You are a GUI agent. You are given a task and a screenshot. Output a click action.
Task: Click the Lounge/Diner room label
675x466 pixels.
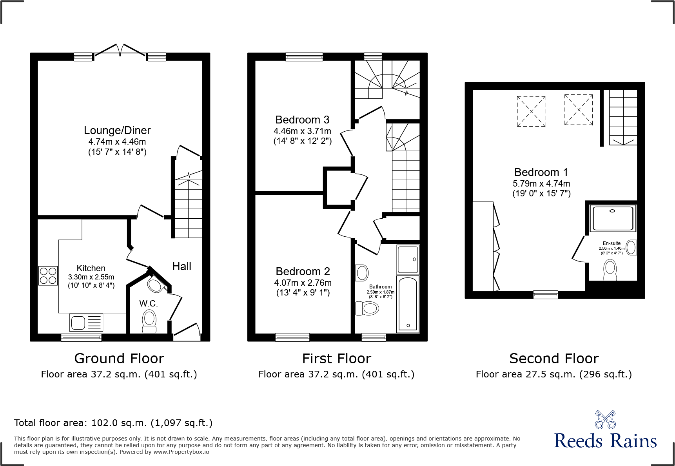[x=117, y=131]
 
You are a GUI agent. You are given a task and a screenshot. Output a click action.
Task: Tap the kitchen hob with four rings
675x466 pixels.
[x=48, y=276]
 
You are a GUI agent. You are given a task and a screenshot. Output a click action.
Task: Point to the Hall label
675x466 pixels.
[x=181, y=267]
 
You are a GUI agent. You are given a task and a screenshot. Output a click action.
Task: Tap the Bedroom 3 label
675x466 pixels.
[x=302, y=120]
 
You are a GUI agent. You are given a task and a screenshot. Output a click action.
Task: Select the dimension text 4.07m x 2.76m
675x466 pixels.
[x=303, y=283]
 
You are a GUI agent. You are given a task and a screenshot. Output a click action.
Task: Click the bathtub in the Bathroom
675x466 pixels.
[x=408, y=305]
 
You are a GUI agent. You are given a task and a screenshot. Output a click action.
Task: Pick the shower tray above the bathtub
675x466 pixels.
[x=408, y=259]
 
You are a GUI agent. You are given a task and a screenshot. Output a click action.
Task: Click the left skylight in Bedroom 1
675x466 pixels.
[x=531, y=111]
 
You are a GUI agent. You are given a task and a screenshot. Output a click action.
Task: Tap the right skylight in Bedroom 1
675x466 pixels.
[x=579, y=109]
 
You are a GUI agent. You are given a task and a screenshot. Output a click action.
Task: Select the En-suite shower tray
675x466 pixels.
[x=613, y=218]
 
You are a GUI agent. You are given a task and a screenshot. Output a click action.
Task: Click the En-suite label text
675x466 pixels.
[x=611, y=243]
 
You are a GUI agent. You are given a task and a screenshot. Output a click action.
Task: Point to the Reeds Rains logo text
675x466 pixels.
[x=605, y=441]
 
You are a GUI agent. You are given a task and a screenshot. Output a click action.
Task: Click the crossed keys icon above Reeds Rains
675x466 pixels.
[x=605, y=420]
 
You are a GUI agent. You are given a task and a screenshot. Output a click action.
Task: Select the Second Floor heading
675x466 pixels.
[x=553, y=359]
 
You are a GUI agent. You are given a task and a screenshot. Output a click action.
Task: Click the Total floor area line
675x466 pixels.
[x=113, y=423]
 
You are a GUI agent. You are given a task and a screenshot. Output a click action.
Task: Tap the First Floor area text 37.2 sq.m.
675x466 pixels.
[x=336, y=374]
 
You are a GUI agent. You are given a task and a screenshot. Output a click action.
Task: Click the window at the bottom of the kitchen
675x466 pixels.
[x=81, y=337]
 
